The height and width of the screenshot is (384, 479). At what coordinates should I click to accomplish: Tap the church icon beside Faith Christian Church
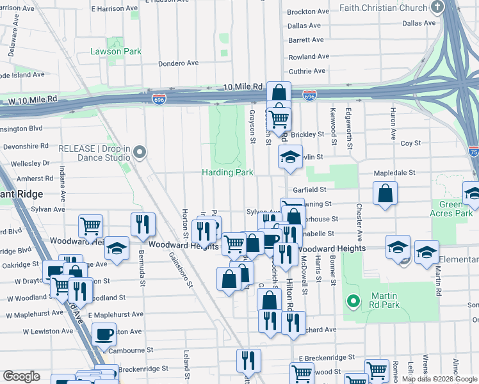[437, 8]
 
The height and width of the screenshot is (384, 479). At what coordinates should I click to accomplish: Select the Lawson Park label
[115, 51]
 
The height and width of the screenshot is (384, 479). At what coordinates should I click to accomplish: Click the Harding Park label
[227, 172]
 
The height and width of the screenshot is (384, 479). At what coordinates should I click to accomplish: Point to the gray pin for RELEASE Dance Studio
[141, 152]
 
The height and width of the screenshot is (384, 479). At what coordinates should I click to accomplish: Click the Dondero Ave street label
[179, 63]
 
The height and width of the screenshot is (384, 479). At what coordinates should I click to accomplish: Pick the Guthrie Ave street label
[307, 72]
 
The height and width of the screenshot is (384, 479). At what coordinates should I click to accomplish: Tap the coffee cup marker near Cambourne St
[104, 333]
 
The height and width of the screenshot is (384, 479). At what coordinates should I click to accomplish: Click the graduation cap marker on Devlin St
[290, 157]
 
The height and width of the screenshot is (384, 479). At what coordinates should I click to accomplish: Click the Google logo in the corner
[21, 376]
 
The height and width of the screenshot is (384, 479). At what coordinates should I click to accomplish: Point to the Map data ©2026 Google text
[439, 379]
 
